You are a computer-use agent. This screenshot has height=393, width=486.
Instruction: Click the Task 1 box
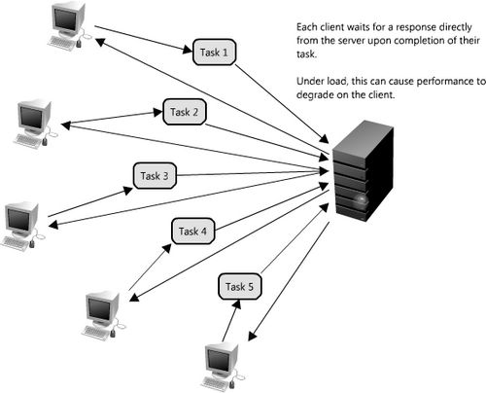214,53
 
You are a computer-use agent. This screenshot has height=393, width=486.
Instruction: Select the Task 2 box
185,112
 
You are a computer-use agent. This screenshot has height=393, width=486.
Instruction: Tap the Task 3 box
155,176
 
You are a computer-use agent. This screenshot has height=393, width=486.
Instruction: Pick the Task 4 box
192,232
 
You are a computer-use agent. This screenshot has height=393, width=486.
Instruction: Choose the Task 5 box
240,286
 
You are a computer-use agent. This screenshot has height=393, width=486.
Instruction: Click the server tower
363,171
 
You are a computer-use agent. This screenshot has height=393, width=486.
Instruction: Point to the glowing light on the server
362,198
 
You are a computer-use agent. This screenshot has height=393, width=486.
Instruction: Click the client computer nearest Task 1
69,25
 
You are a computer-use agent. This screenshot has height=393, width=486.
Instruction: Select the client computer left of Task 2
33,125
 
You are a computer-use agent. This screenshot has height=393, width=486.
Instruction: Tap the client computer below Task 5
222,368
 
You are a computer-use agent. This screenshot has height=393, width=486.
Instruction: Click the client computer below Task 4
103,315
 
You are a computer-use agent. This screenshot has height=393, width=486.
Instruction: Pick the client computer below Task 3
22,227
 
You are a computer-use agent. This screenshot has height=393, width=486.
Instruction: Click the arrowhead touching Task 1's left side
188,50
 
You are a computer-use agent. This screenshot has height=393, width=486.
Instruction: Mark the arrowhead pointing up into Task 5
236,304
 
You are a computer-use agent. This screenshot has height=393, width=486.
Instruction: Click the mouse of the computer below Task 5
232,384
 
